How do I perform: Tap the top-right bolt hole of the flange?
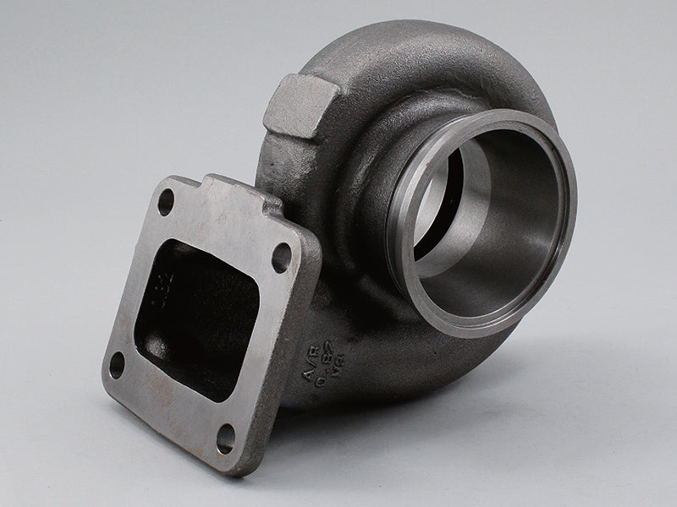pyautogui.click(x=280, y=258)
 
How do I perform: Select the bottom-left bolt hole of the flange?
pyautogui.click(x=117, y=364)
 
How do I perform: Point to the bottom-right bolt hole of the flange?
pyautogui.click(x=226, y=438)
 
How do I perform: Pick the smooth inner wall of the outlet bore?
pyautogui.click(x=508, y=228)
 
